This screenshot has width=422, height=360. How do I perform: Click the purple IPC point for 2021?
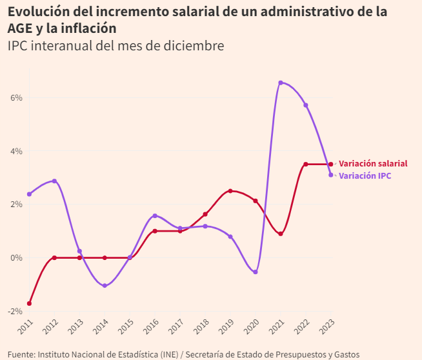[x=281, y=83]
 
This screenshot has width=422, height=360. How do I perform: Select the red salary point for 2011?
[x=29, y=303]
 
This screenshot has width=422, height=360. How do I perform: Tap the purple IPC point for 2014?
[x=105, y=286]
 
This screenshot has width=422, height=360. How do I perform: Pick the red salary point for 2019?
[x=230, y=191]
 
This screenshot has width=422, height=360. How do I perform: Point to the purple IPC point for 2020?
[x=256, y=272]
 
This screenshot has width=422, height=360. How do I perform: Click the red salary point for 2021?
[x=281, y=234]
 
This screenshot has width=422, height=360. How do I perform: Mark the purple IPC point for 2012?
[x=54, y=181]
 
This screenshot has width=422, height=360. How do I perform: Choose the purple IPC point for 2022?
[x=306, y=105]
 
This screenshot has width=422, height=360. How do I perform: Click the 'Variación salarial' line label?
[x=373, y=164]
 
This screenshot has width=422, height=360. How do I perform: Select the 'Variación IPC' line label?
[x=365, y=175]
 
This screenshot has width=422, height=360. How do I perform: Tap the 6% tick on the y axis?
[x=16, y=97]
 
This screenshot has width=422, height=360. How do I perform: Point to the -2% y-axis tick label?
[x=14, y=311]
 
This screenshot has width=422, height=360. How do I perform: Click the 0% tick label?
[x=16, y=257]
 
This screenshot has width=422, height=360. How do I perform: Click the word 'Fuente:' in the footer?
[x=21, y=354]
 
